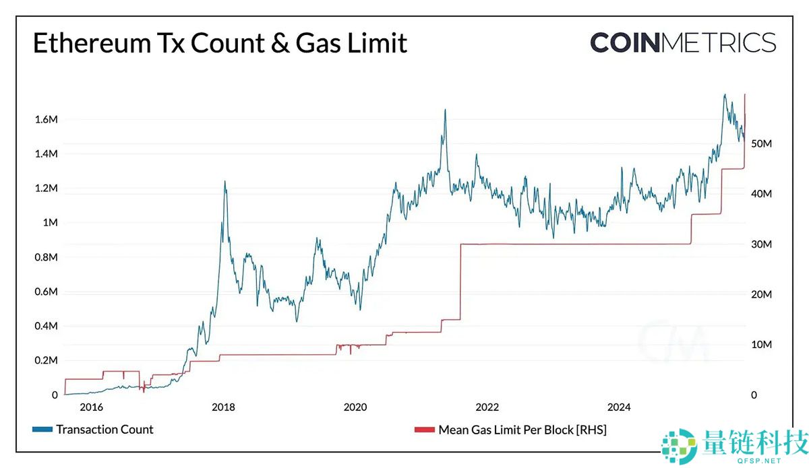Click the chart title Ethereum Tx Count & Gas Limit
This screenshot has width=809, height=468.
220,43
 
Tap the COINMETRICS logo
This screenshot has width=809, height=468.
683,42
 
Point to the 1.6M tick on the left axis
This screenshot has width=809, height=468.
46,120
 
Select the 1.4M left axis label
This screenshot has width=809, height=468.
46,154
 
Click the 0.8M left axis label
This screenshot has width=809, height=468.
46,257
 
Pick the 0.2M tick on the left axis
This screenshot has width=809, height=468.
46,361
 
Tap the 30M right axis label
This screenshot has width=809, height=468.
762,244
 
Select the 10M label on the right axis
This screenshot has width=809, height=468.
762,345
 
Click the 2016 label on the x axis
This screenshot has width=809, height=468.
91,407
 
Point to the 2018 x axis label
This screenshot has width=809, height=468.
223,407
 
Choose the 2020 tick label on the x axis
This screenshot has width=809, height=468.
355,407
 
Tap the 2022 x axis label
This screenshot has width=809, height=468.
487,407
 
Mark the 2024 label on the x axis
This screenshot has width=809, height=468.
619,407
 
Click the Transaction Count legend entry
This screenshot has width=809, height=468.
104,430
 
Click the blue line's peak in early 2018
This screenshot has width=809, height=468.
224,181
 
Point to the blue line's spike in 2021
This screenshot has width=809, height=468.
445,110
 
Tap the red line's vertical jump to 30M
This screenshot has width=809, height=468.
460,283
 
